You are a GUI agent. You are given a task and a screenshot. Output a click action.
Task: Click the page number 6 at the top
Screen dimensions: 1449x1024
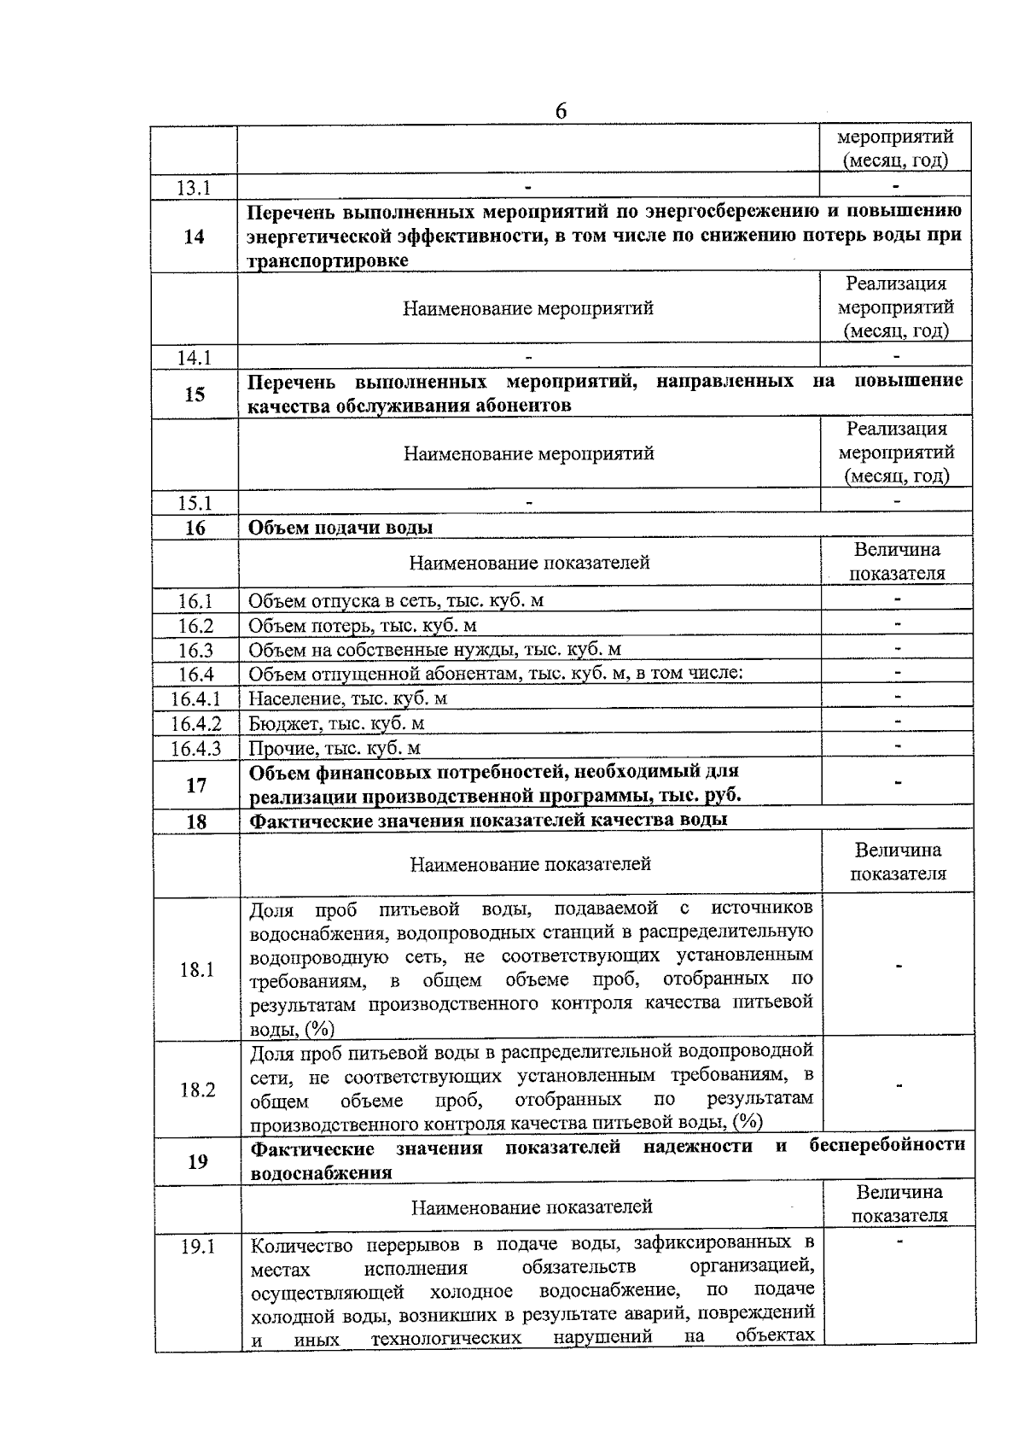point(561,112)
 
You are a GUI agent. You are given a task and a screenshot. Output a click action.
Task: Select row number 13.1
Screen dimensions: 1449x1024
point(194,188)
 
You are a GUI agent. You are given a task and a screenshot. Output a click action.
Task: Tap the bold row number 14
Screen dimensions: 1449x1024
point(194,237)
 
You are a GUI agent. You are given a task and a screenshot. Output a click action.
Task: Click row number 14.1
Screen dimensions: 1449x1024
point(195,358)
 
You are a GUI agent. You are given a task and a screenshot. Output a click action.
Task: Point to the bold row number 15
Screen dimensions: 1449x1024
point(195,394)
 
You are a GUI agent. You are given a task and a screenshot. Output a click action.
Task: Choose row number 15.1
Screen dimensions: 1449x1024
point(195,503)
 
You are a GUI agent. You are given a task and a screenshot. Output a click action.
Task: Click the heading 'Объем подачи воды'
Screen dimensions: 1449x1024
point(340,527)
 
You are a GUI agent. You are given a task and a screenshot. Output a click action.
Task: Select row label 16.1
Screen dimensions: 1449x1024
point(195,601)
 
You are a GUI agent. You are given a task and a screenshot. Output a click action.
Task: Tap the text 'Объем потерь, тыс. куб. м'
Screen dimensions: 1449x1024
point(363,626)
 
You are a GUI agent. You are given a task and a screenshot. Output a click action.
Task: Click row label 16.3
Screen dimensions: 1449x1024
point(195,651)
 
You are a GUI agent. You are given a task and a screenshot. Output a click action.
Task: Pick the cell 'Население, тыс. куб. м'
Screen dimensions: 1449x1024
point(348,698)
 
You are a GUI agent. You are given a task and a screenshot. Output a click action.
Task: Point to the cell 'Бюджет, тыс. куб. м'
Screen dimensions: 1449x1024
point(337,724)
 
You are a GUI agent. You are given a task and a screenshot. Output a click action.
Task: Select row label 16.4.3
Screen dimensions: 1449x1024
point(195,749)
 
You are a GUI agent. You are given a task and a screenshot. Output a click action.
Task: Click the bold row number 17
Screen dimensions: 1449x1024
point(196,784)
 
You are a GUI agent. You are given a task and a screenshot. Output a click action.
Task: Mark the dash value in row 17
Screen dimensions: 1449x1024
point(898,782)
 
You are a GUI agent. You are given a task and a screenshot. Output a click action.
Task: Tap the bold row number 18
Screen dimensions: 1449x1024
point(196,821)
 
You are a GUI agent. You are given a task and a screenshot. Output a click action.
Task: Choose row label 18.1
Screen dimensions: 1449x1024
point(197,969)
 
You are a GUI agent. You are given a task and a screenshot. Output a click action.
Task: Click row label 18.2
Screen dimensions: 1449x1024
point(197,1090)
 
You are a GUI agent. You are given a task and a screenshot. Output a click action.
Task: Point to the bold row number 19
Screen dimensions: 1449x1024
point(197,1160)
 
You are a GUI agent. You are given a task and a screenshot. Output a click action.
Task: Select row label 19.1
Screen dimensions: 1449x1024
point(198,1246)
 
